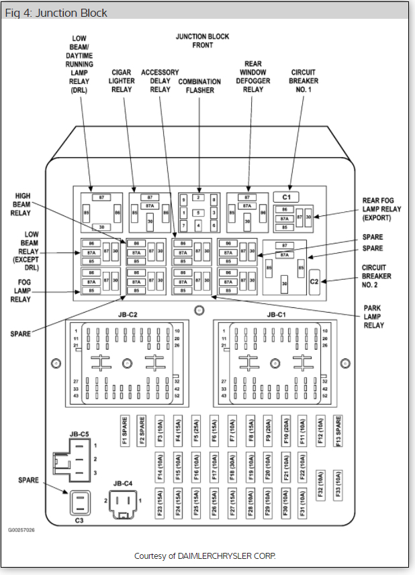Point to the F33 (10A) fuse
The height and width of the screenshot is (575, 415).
pyautogui.click(x=338, y=483)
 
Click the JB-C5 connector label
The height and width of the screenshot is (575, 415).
pyautogui.click(x=79, y=434)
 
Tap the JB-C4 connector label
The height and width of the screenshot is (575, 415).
pyautogui.click(x=123, y=483)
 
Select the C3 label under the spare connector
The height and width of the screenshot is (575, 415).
pyautogui.click(x=79, y=520)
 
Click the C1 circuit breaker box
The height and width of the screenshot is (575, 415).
pyautogui.click(x=287, y=197)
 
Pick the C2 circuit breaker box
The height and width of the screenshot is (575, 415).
pyautogui.click(x=314, y=282)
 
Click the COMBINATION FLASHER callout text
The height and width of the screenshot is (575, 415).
pyautogui.click(x=200, y=86)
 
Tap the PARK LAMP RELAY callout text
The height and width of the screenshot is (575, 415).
pyautogui.click(x=374, y=317)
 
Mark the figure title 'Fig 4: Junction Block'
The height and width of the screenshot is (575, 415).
pyautogui.click(x=56, y=13)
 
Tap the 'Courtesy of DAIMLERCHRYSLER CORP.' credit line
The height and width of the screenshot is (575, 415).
pyautogui.click(x=205, y=556)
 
